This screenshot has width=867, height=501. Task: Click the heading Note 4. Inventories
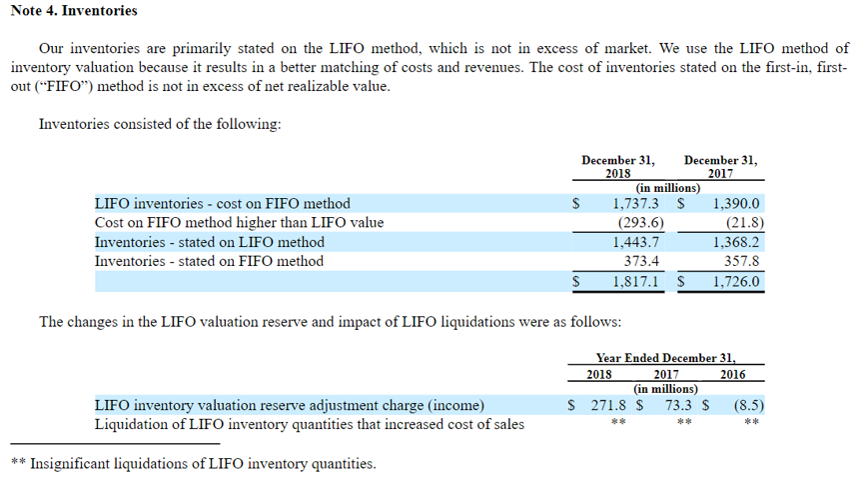click(x=74, y=11)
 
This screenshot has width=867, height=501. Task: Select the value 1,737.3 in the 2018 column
click(x=634, y=203)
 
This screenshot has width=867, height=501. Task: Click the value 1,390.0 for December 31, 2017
click(x=737, y=203)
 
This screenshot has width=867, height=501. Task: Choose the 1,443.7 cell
click(x=635, y=242)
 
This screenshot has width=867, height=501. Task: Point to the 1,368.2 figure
click(x=737, y=242)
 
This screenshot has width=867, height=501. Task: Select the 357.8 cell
click(x=742, y=261)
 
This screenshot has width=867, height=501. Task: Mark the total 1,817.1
click(x=635, y=282)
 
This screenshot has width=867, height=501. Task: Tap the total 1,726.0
click(x=737, y=282)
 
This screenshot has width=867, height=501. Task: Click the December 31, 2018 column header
click(x=618, y=166)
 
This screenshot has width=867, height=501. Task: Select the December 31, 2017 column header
click(x=720, y=166)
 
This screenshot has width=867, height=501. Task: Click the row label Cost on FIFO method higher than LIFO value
click(x=239, y=222)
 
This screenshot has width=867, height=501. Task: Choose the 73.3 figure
click(x=680, y=405)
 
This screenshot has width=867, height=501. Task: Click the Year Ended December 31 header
click(x=665, y=357)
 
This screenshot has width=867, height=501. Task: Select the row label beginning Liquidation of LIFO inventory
click(x=309, y=424)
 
